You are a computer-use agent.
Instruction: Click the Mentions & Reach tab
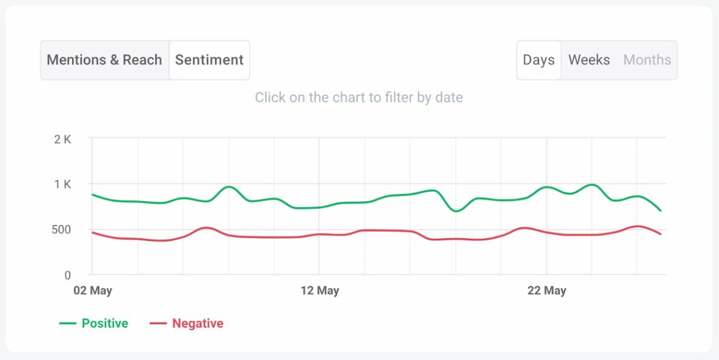pyautogui.click(x=105, y=60)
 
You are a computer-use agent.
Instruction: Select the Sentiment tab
pyautogui.click(x=209, y=60)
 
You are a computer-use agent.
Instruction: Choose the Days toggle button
pyautogui.click(x=539, y=60)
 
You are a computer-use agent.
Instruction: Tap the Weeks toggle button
pyautogui.click(x=589, y=60)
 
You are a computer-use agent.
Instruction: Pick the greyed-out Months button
pyautogui.click(x=647, y=60)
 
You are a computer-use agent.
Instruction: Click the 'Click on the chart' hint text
pyautogui.click(x=359, y=98)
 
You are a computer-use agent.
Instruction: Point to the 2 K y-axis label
pyautogui.click(x=62, y=139)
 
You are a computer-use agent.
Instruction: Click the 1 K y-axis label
pyautogui.click(x=62, y=185)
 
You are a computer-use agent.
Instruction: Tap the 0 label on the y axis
pyautogui.click(x=68, y=276)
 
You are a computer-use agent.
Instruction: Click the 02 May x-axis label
pyautogui.click(x=92, y=291)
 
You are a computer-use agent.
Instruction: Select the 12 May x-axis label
pyautogui.click(x=320, y=291)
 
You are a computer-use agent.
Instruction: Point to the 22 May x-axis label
pyautogui.click(x=547, y=291)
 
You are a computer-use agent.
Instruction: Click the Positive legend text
pyautogui.click(x=105, y=323)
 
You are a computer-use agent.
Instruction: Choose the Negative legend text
pyautogui.click(x=197, y=323)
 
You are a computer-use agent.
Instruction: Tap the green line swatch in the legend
pyautogui.click(x=67, y=323)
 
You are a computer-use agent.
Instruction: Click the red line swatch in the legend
pyautogui.click(x=158, y=323)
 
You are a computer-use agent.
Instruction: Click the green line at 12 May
pyautogui.click(x=319, y=207)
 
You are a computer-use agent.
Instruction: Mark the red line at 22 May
pyautogui.click(x=547, y=232)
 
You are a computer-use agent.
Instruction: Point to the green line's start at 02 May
pyautogui.click(x=93, y=195)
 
